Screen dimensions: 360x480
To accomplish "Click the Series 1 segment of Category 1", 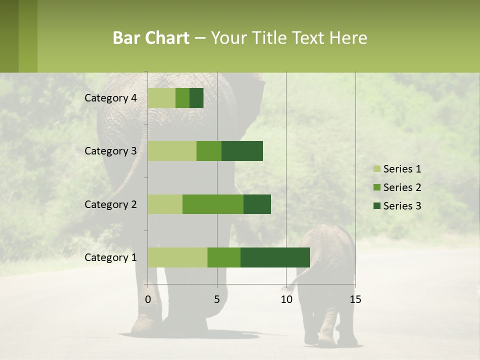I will (x=177, y=257).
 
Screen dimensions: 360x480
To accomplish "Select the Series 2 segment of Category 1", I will (x=224, y=257).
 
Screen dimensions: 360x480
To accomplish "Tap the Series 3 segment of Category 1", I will (x=275, y=257).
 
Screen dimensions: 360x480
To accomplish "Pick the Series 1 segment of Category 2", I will (x=165, y=204).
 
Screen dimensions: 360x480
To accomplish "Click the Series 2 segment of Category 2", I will (x=213, y=204).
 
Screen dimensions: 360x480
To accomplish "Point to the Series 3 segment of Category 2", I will (x=257, y=204).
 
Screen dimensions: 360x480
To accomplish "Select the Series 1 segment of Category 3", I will (x=172, y=151).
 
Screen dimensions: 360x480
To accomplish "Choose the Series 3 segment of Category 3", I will (x=242, y=151).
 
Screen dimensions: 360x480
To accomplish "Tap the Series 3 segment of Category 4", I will (x=196, y=98).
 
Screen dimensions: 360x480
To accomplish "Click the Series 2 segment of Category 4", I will (x=182, y=98).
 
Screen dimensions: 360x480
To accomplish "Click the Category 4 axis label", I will (x=110, y=98).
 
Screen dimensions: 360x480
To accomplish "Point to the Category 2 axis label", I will (x=110, y=204).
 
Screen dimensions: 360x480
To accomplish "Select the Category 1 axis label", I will (x=110, y=257).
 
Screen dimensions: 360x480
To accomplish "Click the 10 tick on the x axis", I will (x=286, y=299).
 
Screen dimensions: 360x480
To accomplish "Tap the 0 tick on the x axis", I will (x=148, y=299).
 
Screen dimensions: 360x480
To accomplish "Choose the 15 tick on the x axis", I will (x=355, y=299).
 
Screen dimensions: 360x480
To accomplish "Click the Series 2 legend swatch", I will (x=376, y=187).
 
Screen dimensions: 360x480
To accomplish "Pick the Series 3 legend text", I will (x=402, y=206).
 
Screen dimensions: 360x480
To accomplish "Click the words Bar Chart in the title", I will (x=151, y=38).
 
